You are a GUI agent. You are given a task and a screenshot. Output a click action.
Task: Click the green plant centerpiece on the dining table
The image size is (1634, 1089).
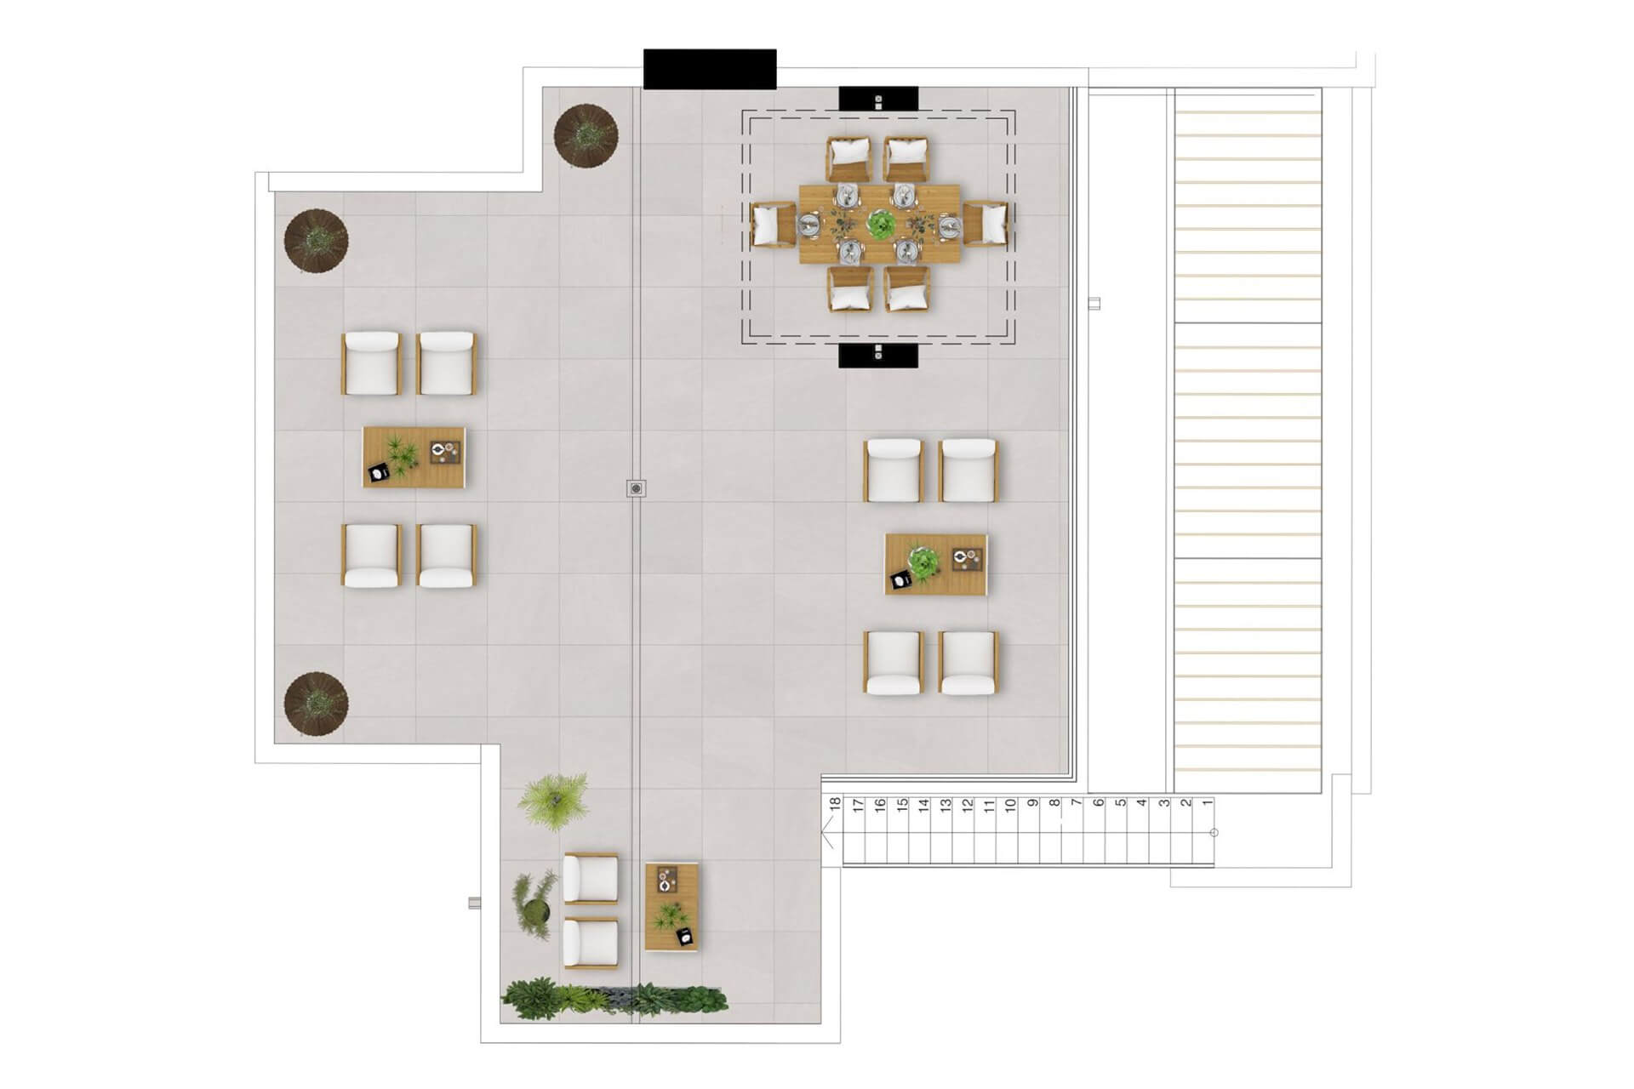point(881,225)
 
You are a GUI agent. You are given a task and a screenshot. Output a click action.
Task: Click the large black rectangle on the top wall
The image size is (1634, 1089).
point(710,69)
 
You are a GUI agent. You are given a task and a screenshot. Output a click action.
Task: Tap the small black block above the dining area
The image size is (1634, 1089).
point(878,99)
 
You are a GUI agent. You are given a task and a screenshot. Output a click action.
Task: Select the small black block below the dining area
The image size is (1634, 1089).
point(878,356)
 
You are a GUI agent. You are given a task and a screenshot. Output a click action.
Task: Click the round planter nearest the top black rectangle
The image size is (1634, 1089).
point(586,134)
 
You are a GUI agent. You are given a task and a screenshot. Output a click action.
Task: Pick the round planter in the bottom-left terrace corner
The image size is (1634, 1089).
point(316,704)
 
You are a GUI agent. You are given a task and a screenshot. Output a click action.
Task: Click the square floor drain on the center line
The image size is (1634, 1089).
point(636,488)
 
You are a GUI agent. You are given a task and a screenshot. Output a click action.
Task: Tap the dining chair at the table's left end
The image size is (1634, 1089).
point(774,225)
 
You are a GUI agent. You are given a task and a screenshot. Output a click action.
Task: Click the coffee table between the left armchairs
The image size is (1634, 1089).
point(414,457)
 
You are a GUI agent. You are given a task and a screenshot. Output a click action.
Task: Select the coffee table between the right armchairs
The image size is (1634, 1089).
point(936,564)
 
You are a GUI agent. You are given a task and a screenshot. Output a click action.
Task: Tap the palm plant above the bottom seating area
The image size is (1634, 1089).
point(553,799)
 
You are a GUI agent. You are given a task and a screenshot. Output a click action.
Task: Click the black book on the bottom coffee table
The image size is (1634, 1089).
point(684,937)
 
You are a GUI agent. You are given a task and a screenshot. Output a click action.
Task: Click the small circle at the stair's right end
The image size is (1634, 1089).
point(1214,832)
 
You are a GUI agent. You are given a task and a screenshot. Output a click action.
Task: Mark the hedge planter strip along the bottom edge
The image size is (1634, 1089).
point(614,1001)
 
